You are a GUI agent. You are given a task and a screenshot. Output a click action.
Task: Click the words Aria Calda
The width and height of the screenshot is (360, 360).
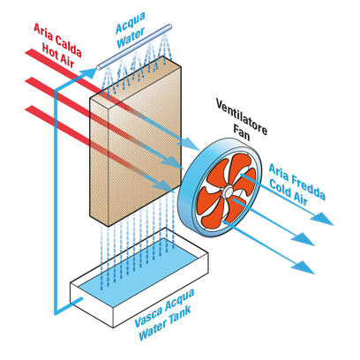57,40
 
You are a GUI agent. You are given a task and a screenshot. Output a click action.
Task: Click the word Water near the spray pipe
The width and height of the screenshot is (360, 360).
131,38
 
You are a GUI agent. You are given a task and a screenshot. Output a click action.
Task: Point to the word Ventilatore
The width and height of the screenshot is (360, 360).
242,116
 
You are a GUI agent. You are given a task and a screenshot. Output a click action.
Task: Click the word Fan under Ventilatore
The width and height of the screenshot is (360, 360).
242,131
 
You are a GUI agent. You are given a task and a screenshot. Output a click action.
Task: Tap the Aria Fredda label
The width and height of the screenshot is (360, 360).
297,182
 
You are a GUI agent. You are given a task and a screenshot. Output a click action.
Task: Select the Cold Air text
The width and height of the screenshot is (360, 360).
289,192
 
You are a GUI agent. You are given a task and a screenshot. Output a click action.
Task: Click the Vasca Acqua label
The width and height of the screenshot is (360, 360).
165,308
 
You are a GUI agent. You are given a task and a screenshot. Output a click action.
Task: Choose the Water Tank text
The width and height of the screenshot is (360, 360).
165,324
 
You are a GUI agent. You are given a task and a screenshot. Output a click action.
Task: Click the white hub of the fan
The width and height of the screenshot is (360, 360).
228,191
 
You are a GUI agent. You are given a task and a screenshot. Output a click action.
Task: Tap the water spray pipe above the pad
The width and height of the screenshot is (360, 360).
134,47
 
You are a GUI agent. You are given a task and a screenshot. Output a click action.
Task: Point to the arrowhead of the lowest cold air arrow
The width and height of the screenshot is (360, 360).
303,267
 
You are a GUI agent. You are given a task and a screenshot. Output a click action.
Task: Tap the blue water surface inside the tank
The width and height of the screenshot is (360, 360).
140,271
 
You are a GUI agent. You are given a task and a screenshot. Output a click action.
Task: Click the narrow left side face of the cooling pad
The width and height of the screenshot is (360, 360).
99,161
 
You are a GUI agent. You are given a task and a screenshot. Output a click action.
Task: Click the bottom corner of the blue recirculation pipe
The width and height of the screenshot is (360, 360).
56,313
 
